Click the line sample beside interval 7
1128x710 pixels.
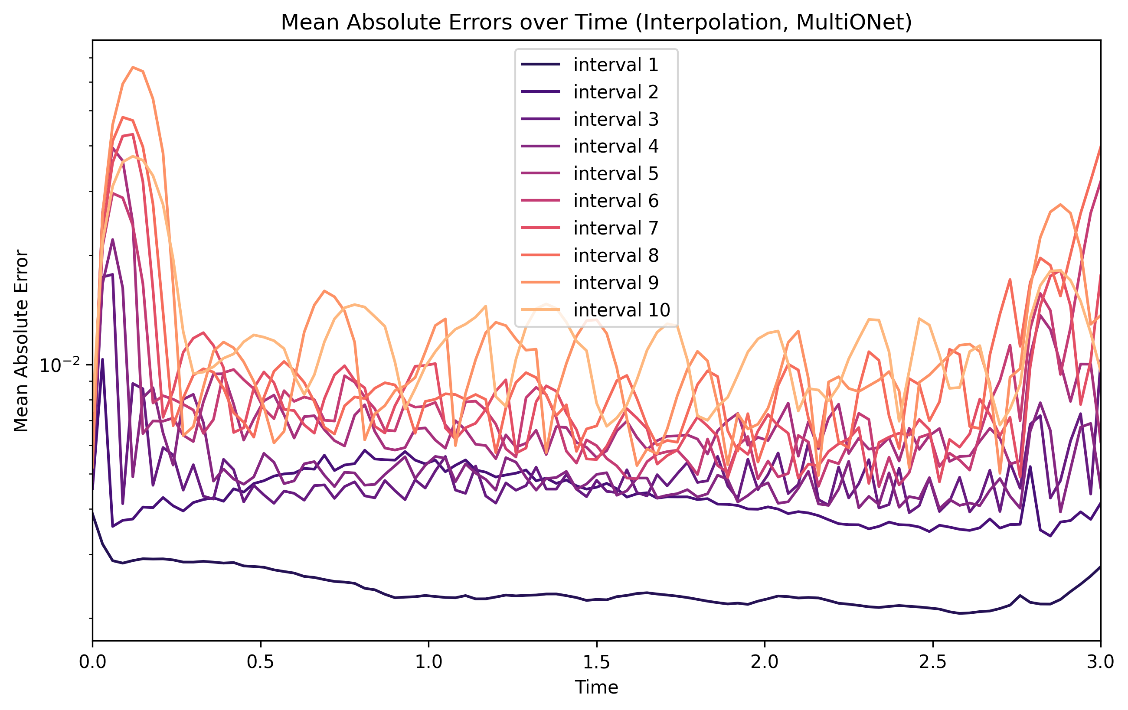540,228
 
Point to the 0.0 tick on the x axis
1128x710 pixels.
93,662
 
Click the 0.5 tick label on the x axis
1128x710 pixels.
261,662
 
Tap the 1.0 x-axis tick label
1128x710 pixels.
428,662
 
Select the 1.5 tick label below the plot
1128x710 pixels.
596,662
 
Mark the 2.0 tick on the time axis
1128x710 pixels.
765,662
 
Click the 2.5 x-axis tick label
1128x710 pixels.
933,662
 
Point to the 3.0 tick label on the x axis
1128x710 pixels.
1100,662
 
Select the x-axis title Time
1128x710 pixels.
596,687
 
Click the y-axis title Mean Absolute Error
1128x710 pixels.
21,341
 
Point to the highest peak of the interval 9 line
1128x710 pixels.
134,67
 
